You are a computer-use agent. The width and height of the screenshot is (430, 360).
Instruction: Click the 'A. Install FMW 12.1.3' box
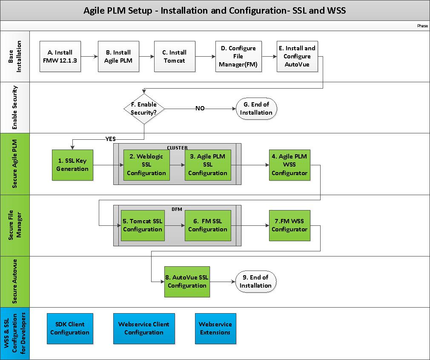60,57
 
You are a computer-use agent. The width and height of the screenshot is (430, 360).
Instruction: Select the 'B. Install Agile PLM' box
118,57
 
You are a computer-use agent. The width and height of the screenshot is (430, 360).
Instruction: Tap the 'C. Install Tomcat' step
175,57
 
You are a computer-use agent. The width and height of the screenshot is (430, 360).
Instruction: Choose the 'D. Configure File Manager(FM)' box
238,57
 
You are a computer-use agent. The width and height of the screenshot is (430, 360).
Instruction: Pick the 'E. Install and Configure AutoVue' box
297,57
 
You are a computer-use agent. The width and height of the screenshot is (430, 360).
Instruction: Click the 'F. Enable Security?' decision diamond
144,109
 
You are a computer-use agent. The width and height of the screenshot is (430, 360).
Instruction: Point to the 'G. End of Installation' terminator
256,109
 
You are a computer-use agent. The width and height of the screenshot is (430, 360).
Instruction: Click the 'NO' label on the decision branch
200,109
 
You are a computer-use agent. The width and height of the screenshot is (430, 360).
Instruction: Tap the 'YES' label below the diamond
111,138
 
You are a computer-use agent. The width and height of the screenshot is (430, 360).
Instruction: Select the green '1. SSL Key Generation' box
72,165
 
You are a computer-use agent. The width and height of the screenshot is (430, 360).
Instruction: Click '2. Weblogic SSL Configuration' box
146,165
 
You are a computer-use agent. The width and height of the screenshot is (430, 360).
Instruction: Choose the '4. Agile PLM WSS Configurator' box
290,165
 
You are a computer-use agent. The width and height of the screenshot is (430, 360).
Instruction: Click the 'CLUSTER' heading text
177,147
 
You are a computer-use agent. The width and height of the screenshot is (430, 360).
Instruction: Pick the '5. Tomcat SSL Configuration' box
143,225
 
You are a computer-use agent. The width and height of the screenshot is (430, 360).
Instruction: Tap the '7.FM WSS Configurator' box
290,225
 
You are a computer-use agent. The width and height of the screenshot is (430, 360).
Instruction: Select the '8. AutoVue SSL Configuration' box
187,282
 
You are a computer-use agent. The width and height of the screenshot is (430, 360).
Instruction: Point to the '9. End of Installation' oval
255,282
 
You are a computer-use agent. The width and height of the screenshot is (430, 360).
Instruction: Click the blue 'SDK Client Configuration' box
69,328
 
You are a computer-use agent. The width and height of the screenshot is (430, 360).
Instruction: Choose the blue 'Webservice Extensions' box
215,328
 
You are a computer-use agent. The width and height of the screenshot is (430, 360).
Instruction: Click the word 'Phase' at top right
422,26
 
